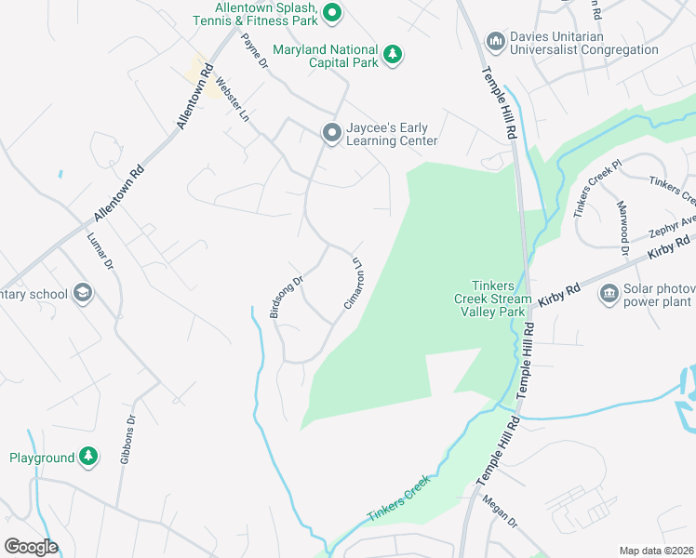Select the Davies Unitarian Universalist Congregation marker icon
[x=495, y=43]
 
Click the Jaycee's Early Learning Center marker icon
[x=331, y=134]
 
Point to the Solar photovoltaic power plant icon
[x=609, y=295]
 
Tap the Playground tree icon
[x=87, y=457]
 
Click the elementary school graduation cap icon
[x=82, y=294]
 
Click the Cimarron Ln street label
[x=352, y=283]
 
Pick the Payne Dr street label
[x=254, y=53]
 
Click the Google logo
[x=31, y=546]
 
